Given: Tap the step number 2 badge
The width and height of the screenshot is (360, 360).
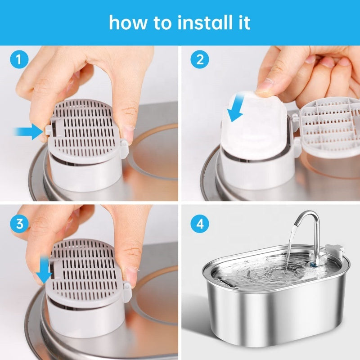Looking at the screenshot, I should pos(197,59).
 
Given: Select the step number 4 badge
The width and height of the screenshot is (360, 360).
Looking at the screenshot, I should pos(197,224).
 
